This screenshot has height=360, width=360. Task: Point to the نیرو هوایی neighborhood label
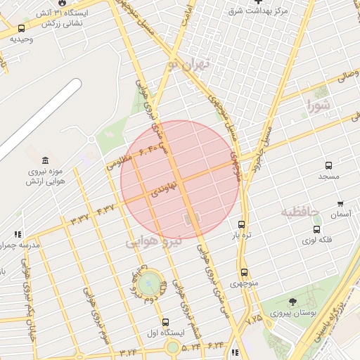click(x=153, y=241)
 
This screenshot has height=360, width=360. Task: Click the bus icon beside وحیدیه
click(x=22, y=29)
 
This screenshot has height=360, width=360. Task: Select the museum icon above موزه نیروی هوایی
click(x=46, y=160)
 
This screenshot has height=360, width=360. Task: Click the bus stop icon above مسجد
click(x=328, y=166)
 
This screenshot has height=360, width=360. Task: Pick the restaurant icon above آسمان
click(x=341, y=203)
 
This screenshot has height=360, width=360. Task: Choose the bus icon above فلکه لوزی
click(x=317, y=229)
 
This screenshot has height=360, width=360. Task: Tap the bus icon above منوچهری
click(x=244, y=272)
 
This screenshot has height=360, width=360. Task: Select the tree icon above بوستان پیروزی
click(x=292, y=301)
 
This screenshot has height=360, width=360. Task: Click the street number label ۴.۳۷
click(x=104, y=208)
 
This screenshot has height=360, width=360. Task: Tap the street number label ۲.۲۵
click(x=255, y=319)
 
